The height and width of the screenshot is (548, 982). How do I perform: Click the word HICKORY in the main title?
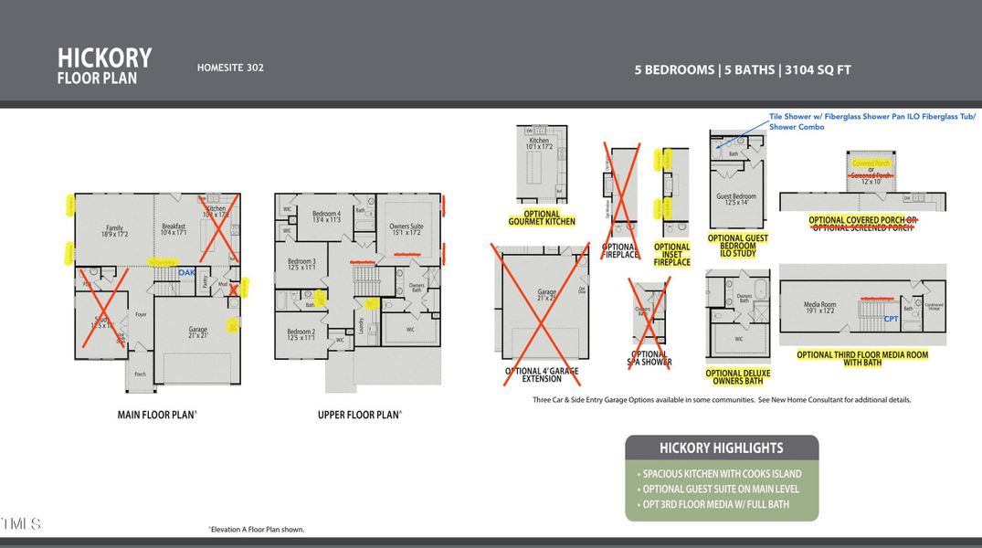point(104,58)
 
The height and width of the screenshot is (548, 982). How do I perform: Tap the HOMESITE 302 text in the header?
point(230,68)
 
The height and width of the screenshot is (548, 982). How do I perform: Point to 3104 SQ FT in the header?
point(818,69)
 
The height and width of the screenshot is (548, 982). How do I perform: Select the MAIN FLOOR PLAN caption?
point(156,415)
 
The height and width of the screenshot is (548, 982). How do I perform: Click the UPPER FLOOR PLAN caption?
point(358,415)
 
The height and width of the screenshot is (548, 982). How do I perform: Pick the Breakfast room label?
point(174,229)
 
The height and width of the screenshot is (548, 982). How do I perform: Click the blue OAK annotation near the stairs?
point(186,272)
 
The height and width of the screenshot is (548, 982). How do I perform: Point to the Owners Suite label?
point(407,228)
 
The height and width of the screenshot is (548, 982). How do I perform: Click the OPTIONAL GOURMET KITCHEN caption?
point(542,218)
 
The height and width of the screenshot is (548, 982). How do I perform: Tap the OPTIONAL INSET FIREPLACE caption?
point(672,254)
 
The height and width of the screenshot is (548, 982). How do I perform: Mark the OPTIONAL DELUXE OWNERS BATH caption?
point(737,376)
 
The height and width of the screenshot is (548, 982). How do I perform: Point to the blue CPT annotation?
point(891,319)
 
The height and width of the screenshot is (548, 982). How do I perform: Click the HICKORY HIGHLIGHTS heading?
point(721,448)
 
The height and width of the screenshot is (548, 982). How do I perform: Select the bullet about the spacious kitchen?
point(722,474)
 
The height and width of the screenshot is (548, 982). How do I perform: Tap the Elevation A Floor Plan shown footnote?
point(257,530)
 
